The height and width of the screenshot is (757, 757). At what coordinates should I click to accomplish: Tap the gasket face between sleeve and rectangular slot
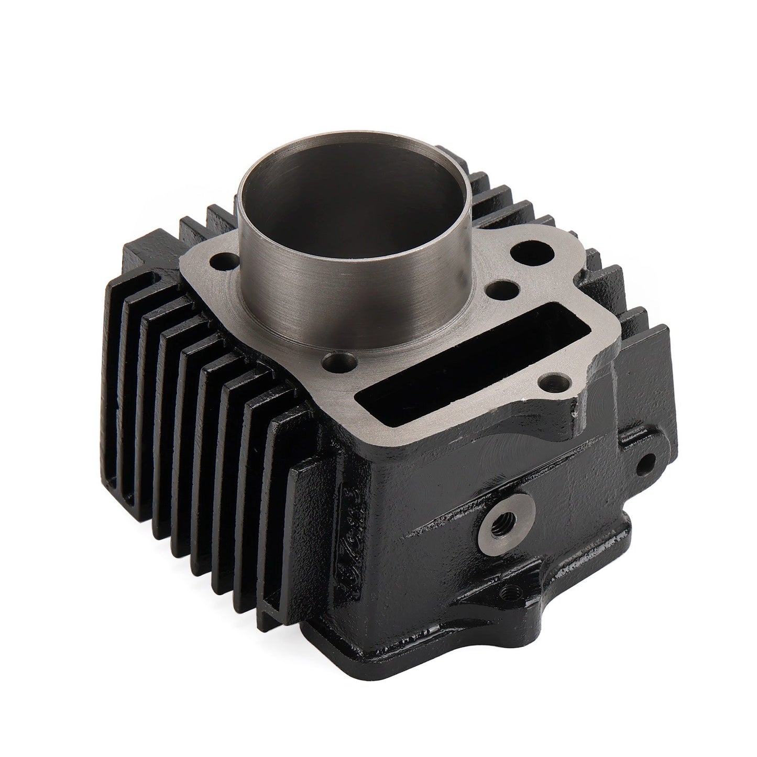click(x=414, y=335)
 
